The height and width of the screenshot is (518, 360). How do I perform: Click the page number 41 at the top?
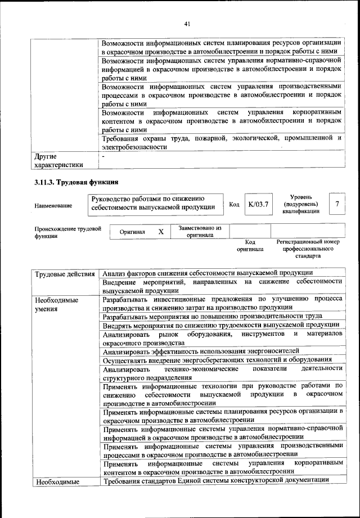pyautogui.click(x=187, y=24)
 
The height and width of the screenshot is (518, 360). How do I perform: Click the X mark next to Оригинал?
pyautogui.click(x=161, y=231)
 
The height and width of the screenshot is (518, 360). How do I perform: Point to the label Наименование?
pyautogui.click(x=53, y=206)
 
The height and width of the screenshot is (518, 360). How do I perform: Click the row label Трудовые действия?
pyautogui.click(x=65, y=274)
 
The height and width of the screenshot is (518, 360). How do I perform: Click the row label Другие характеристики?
pyautogui.click(x=58, y=160)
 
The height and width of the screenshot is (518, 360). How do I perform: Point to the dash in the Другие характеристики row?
pyautogui.click(x=103, y=156)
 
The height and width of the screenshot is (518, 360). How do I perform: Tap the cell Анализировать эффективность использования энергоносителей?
pyautogui.click(x=201, y=350)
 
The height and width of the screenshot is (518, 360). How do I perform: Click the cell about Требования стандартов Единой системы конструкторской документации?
pyautogui.click(x=215, y=480)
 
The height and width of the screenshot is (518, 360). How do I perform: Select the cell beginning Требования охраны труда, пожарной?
pyautogui.click(x=222, y=142)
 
